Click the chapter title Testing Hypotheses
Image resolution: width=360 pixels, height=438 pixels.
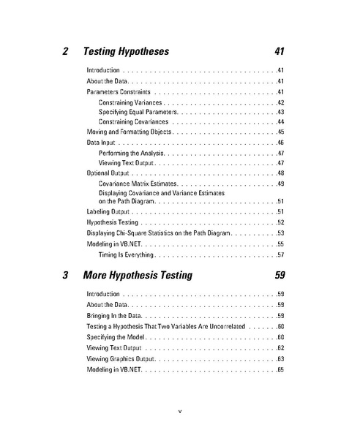pos(127,52)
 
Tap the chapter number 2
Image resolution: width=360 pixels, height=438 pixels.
pos(67,52)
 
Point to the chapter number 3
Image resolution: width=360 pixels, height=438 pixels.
pos(67,276)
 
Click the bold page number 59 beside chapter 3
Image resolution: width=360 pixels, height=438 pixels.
pos(277,276)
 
